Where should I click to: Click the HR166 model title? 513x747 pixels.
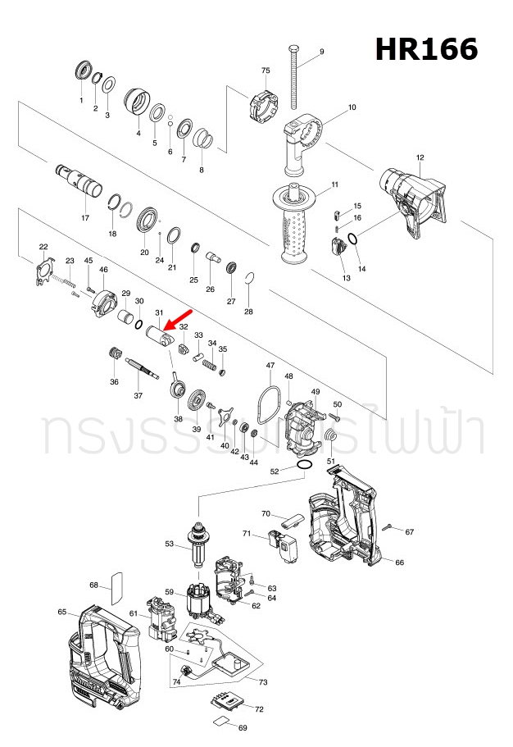point(426,49)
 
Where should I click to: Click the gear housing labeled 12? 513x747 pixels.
point(413,202)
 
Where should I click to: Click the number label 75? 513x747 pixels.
point(266,71)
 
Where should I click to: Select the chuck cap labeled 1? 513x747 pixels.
point(82,71)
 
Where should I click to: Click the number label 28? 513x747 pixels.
point(249,312)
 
